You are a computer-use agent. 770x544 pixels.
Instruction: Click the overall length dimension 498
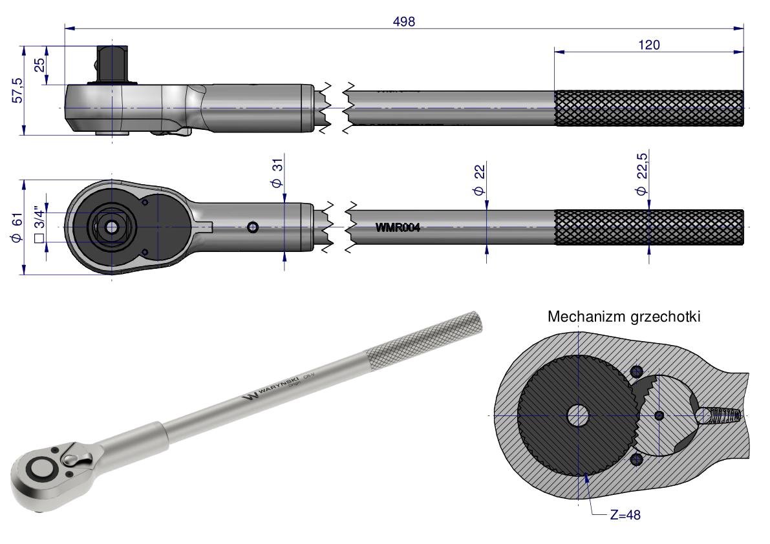pos(404,21)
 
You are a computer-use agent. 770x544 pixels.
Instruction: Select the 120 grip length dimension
pos(648,45)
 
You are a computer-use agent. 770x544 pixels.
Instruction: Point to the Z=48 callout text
pos(625,515)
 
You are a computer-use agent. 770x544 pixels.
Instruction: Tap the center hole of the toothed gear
pos(579,415)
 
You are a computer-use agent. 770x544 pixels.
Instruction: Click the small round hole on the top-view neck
pos(253,227)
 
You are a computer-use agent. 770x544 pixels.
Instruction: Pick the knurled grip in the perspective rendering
pos(423,337)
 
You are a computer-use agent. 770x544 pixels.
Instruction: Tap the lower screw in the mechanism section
pos(637,459)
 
